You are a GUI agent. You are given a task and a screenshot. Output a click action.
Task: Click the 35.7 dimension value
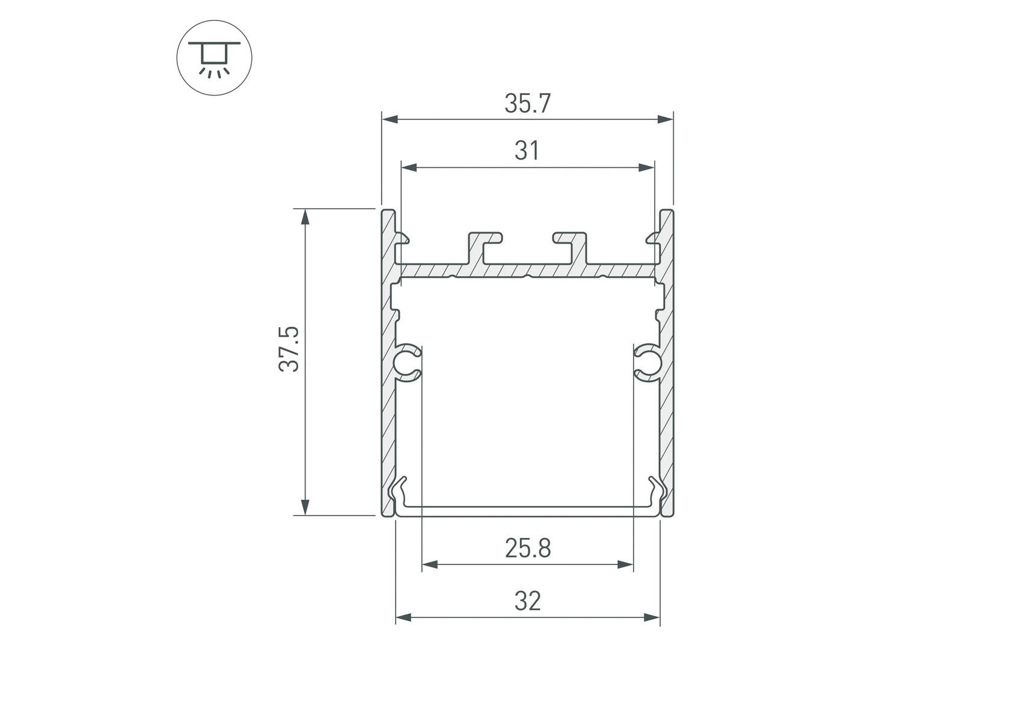pyautogui.click(x=527, y=103)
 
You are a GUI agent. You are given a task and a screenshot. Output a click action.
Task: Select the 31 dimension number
pyautogui.click(x=527, y=151)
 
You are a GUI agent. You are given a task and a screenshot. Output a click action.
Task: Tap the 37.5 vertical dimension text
pyautogui.click(x=289, y=349)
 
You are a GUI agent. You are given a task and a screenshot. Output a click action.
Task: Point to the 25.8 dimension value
pyautogui.click(x=528, y=549)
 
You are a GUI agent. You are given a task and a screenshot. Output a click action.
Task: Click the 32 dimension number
pyautogui.click(x=527, y=601)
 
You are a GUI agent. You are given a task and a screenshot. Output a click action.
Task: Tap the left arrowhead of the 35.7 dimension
pyautogui.click(x=390, y=119)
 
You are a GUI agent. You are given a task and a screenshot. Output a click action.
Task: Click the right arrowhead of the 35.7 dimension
pyautogui.click(x=665, y=119)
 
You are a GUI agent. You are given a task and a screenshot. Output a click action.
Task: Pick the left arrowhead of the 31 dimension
pyautogui.click(x=409, y=167)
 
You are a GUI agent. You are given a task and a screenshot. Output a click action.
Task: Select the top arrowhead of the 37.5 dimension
pyautogui.click(x=306, y=217)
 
